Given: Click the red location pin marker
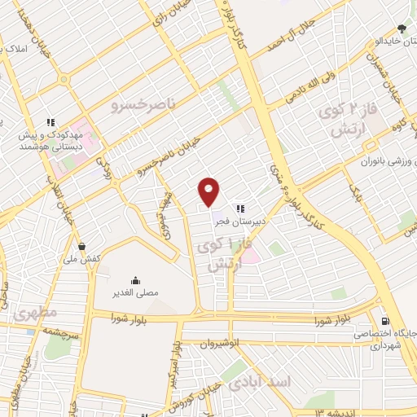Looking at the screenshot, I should tap(209, 191).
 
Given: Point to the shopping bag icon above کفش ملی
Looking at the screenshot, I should tap(81, 246).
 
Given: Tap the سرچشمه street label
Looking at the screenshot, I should tap(37, 332).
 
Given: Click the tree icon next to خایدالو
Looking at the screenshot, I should tap(401, 29).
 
